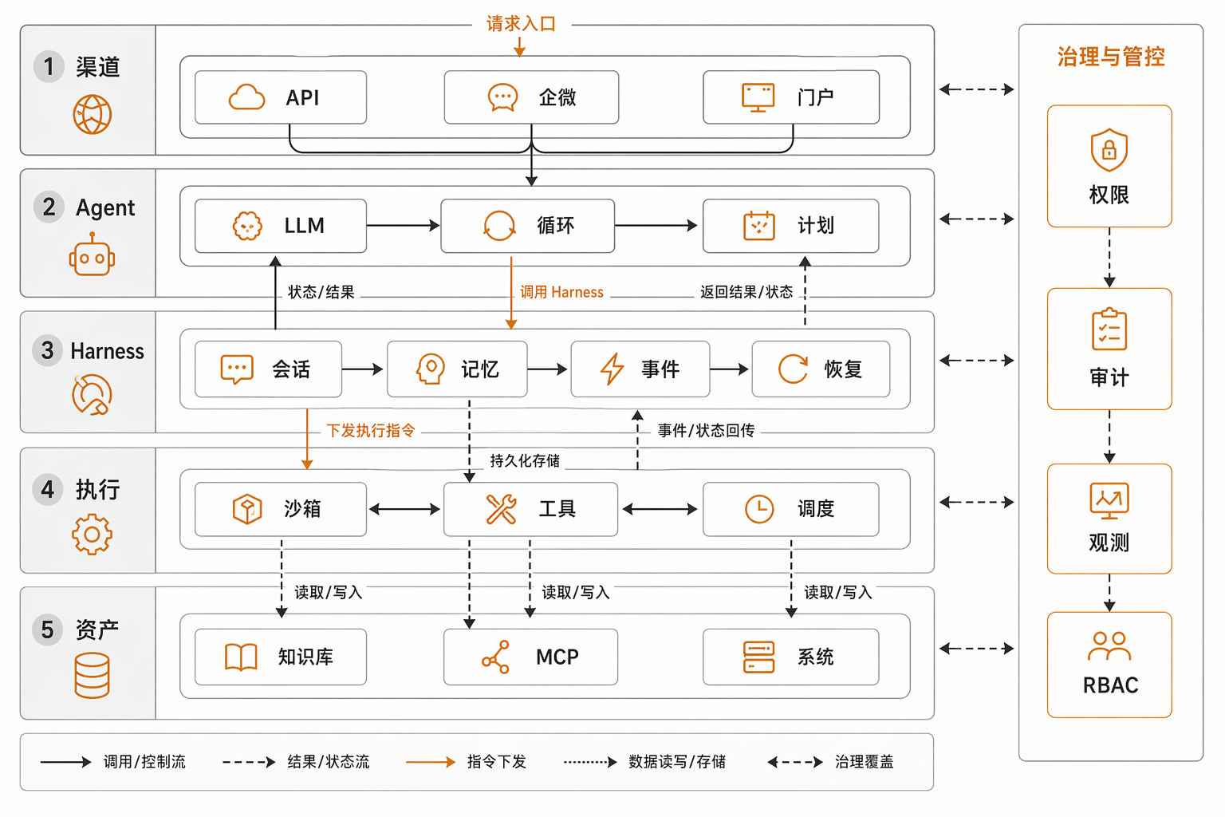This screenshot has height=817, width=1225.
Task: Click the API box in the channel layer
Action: pos(281,97)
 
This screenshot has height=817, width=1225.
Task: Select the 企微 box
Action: pos(531,97)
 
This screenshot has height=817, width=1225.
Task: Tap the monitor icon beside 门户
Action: pos(758,97)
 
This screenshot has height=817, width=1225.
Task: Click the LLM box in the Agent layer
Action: pos(281,226)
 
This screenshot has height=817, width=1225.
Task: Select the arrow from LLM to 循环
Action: pos(403,225)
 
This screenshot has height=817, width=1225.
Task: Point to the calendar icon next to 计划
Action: pos(759,226)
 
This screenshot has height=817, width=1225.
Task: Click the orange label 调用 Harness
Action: pos(561,292)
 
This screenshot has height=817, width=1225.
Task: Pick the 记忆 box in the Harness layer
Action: pos(457,369)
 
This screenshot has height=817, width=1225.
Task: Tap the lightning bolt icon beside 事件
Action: pos(612,369)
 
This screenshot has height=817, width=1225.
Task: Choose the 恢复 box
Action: pos(821,369)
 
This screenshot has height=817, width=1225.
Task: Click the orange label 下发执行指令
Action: pos(371,431)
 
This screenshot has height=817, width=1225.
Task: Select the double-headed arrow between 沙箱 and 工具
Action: pos(404,510)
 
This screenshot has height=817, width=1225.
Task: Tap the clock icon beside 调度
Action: pos(759,509)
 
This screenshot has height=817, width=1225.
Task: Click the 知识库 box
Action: pos(281,657)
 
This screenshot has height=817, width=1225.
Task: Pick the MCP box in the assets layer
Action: pos(530,657)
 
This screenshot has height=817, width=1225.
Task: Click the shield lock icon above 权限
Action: pos(1109,150)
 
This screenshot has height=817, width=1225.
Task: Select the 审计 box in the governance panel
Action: pos(1109,349)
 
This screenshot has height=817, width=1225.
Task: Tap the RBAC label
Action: pos(1110,685)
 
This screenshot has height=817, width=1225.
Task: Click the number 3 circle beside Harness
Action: pos(48,350)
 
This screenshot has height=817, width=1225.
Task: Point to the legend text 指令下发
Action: pos(497,762)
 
